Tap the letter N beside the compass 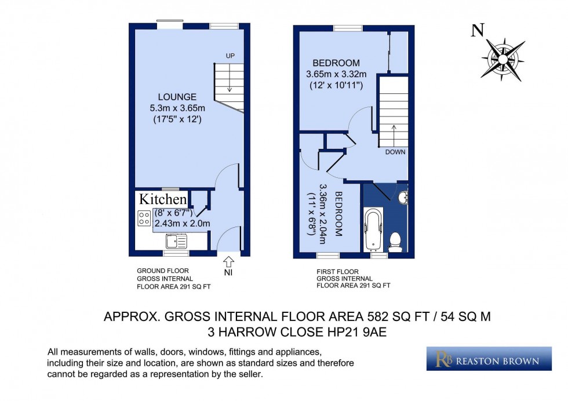pyautogui.click(x=477, y=31)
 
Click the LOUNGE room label pyautogui.click(x=177, y=97)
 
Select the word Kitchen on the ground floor pyautogui.click(x=162, y=199)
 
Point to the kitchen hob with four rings pyautogui.click(x=144, y=218)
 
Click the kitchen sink pyautogui.click(x=176, y=240)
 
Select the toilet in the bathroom pyautogui.click(x=396, y=239)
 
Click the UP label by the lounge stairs pyautogui.click(x=230, y=56)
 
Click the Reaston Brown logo pyautogui.click(x=489, y=359)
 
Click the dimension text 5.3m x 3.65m pyautogui.click(x=177, y=108)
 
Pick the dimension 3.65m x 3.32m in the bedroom pyautogui.click(x=336, y=74)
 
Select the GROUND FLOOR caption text pyautogui.click(x=162, y=271)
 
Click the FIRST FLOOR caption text pyautogui.click(x=337, y=271)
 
